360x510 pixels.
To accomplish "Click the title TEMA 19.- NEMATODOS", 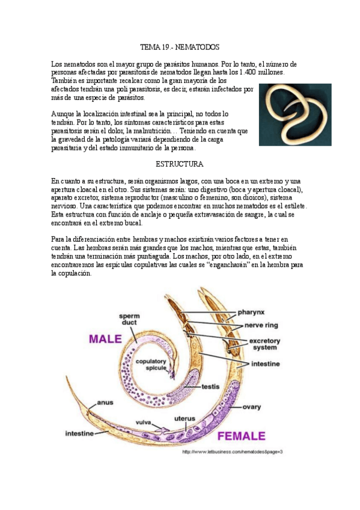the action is coord(180,46).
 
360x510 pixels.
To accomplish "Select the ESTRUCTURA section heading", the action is coord(180,164).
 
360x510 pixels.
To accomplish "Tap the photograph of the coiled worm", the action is coord(294,114).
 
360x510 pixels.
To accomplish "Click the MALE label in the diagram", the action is coord(106,339).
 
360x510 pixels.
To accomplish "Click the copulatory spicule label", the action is coord(151,365).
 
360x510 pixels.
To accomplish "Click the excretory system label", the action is coord(264,343).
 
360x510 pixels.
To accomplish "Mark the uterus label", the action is coord(185,418).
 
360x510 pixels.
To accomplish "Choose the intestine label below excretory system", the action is coord(264,364).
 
